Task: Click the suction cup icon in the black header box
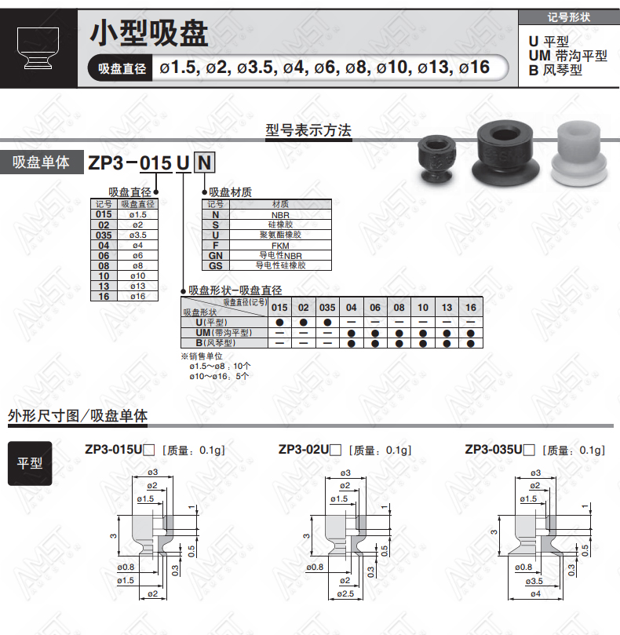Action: (x=38, y=48)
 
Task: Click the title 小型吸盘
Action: (x=149, y=33)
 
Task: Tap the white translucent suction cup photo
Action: (x=579, y=154)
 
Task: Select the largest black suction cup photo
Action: (x=505, y=155)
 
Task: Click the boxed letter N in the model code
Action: (x=204, y=162)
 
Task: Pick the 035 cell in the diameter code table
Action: (x=104, y=235)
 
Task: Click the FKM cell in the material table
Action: (x=280, y=246)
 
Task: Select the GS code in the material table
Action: (x=216, y=265)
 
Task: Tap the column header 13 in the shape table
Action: (x=447, y=308)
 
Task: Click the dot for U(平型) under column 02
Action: (x=303, y=323)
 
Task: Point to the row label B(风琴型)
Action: (x=216, y=342)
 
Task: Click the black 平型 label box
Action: (x=30, y=463)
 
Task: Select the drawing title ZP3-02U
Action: (x=304, y=450)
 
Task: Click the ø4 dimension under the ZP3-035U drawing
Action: (x=535, y=593)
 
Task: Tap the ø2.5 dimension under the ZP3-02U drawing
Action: (x=345, y=593)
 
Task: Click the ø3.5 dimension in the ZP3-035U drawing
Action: (x=534, y=581)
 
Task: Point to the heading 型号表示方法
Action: (x=308, y=130)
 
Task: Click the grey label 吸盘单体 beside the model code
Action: (x=41, y=162)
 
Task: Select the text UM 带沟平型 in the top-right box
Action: (x=567, y=56)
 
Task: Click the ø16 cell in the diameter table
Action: (x=137, y=296)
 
